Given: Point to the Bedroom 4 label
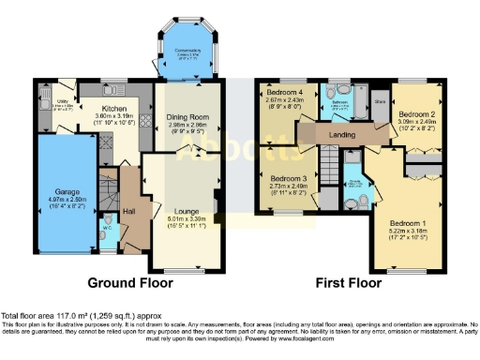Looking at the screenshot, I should pyautogui.click(x=285, y=94).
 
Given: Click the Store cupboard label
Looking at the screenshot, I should pyautogui.click(x=380, y=98).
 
